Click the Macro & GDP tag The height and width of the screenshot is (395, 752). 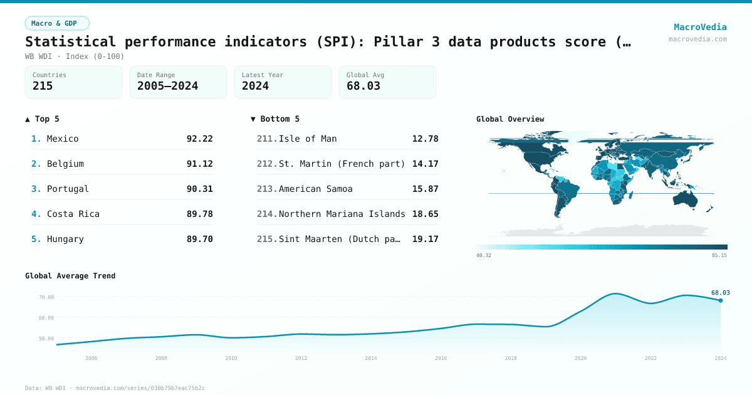[57, 23]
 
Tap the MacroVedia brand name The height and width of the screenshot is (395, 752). [700, 27]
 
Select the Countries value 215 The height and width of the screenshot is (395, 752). [43, 86]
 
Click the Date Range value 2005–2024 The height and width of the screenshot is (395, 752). [167, 86]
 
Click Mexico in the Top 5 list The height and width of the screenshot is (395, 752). [63, 139]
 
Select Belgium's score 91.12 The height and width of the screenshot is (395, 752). [199, 164]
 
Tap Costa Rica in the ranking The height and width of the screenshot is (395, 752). [73, 214]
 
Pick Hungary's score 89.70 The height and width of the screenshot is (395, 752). [199, 239]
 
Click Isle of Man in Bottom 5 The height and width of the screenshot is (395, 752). [308, 139]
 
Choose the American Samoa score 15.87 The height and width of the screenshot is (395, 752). [425, 189]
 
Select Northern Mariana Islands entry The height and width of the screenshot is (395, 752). [342, 214]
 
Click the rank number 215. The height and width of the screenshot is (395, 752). [267, 239]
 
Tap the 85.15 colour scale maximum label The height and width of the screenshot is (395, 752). [719, 255]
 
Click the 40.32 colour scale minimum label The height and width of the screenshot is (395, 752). [484, 255]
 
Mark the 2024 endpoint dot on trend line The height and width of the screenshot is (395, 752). [721, 300]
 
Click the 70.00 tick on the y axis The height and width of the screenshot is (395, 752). [46, 297]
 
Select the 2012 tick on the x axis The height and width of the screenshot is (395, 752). [301, 358]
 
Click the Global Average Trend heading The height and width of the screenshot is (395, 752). [70, 276]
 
